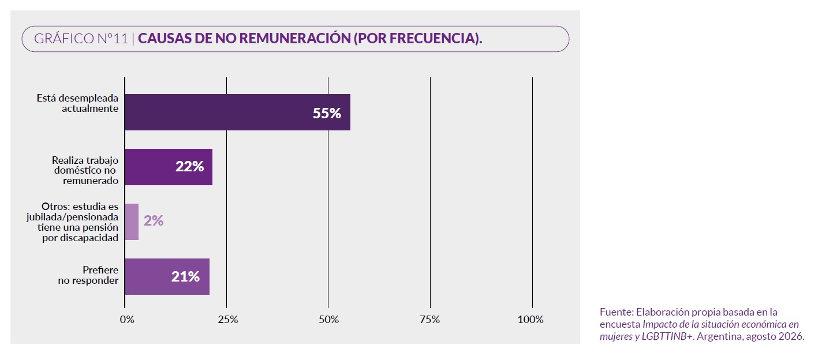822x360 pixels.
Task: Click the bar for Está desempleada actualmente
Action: (x=237, y=112)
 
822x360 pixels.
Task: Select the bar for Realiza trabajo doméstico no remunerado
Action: (x=169, y=167)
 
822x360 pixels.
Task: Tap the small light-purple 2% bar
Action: (x=132, y=222)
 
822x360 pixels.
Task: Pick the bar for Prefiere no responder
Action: (x=167, y=276)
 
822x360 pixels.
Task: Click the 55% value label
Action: (x=327, y=113)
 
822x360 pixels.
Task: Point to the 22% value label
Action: (x=189, y=166)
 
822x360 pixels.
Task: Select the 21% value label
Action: (x=185, y=276)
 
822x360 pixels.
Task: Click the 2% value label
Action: (x=154, y=221)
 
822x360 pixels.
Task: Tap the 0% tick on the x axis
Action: (x=127, y=320)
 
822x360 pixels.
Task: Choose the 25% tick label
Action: (x=228, y=320)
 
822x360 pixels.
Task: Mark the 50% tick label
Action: (x=328, y=320)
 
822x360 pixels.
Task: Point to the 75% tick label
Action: (x=429, y=320)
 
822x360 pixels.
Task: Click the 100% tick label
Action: (x=530, y=320)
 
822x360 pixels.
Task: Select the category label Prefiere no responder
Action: (x=88, y=275)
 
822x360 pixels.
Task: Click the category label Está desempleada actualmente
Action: (x=77, y=103)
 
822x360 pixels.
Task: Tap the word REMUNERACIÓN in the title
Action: (x=295, y=39)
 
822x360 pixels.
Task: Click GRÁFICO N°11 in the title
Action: (x=81, y=39)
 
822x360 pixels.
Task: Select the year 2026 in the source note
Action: (x=793, y=336)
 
